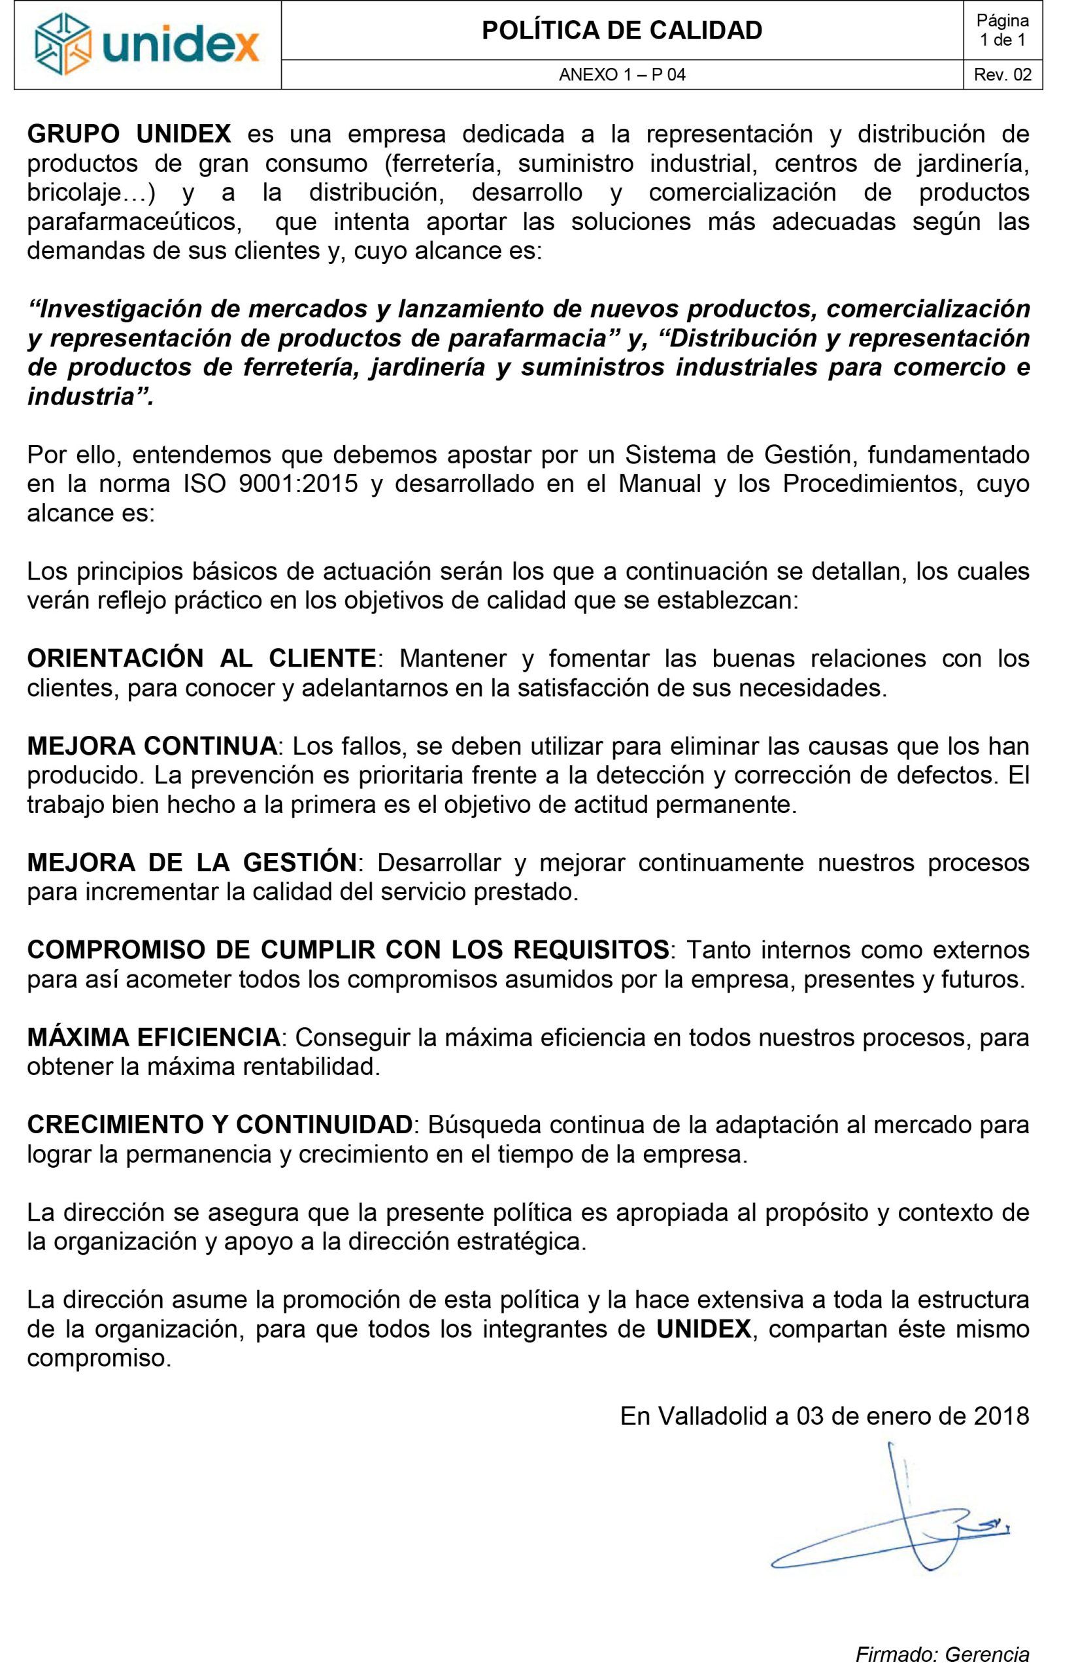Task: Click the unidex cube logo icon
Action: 64,45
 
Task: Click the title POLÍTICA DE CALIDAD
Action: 622,31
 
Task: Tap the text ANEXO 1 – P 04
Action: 622,75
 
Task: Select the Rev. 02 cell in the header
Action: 1003,75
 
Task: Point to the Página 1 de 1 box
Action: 1003,31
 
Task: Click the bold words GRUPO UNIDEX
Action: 129,133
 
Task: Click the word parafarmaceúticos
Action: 139,222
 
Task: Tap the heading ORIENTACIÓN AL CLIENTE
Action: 201,659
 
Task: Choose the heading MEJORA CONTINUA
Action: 152,746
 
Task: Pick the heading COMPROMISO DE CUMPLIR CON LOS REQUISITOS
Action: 347,950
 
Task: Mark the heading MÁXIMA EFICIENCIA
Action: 152,1037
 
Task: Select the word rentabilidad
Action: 311,1067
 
